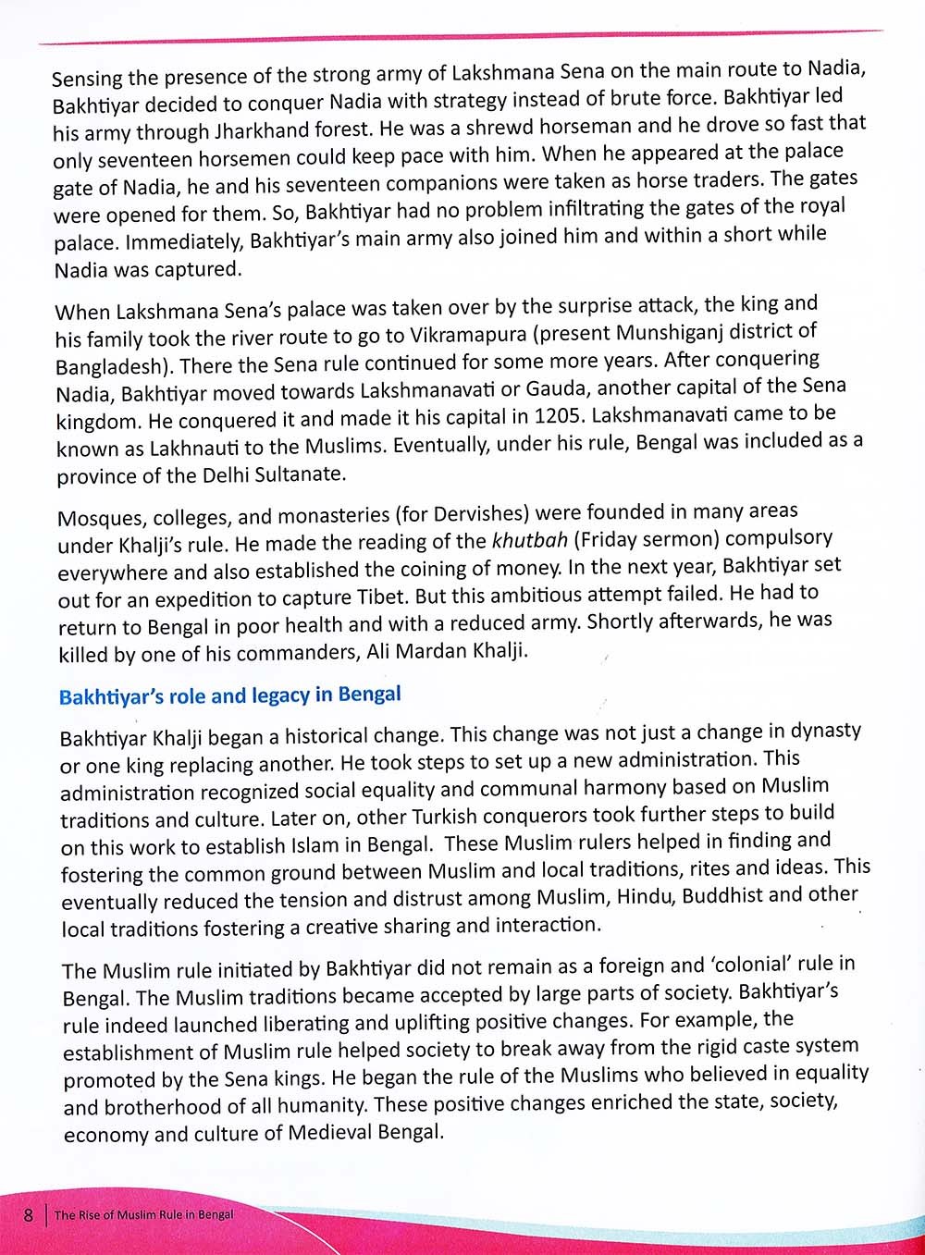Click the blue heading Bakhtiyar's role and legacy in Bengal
coord(229,695)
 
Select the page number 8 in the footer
coord(30,1214)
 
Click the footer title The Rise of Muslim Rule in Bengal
coord(143,1215)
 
